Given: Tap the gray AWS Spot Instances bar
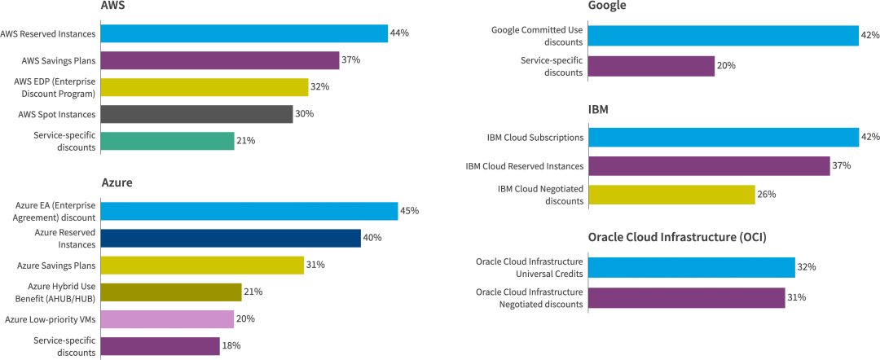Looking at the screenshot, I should [196, 114].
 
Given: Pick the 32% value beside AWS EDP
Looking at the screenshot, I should [320, 87].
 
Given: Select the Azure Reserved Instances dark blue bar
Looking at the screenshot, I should [230, 238].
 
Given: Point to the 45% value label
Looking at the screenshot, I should [409, 211].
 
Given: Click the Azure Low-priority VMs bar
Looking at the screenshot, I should [166, 318].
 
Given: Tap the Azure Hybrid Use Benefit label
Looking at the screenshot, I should [55, 292].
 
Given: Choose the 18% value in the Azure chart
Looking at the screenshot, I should [231, 346].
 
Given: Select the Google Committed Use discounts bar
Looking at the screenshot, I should [723, 35].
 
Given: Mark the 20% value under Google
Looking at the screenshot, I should [726, 66].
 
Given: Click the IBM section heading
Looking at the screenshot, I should [599, 108].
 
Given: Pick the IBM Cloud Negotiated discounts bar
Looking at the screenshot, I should [671, 195].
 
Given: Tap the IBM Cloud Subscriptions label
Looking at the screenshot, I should [535, 138].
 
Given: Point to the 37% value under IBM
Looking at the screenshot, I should [841, 166].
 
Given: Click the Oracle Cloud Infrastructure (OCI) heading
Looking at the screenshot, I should [677, 237].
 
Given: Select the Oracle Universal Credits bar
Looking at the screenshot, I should [691, 267].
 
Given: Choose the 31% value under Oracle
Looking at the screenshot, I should [796, 298].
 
